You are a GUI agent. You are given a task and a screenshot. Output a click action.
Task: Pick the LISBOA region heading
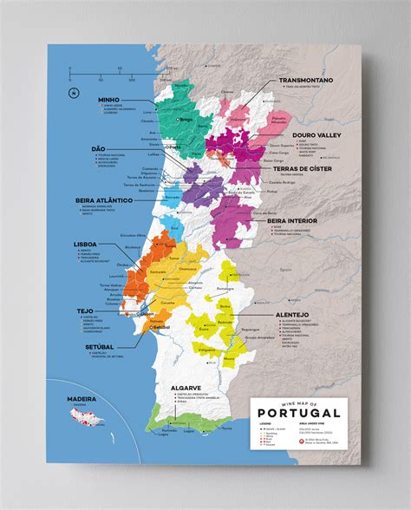[x=86, y=245]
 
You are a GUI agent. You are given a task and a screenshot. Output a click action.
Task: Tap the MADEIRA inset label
[x=82, y=401]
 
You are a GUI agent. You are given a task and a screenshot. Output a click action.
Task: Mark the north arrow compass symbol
[x=75, y=93]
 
